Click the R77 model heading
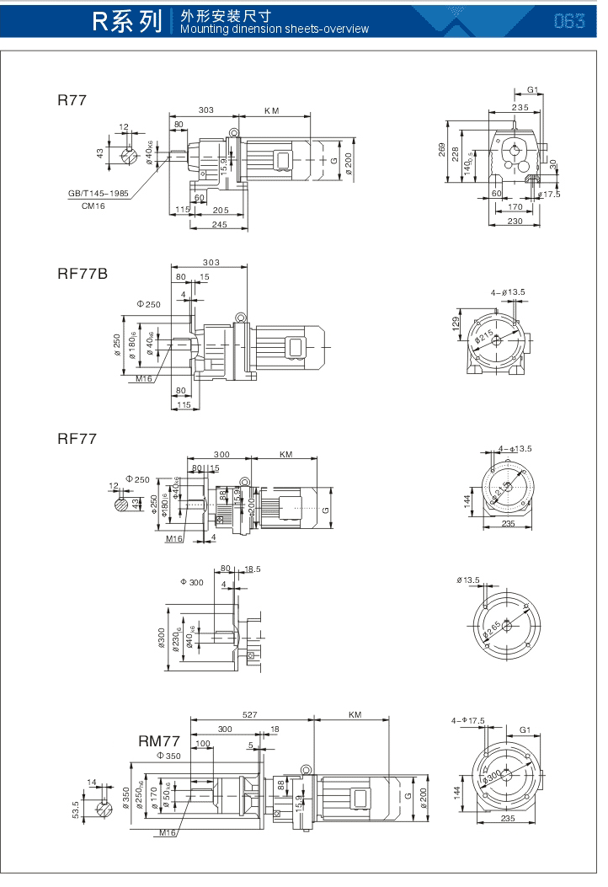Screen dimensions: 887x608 coord(72,100)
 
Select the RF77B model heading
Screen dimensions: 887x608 coord(83,274)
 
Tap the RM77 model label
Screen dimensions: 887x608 coord(159,741)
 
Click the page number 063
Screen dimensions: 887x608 coord(569,21)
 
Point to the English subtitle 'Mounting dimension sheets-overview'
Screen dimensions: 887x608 coord(275,29)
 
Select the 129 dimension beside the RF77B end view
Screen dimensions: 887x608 coord(457,323)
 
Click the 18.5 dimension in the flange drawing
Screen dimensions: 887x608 coord(251,569)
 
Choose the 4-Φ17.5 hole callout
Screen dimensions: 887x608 coord(468,720)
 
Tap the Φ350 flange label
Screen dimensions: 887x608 coord(168,756)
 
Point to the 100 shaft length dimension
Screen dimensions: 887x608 coord(202,743)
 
